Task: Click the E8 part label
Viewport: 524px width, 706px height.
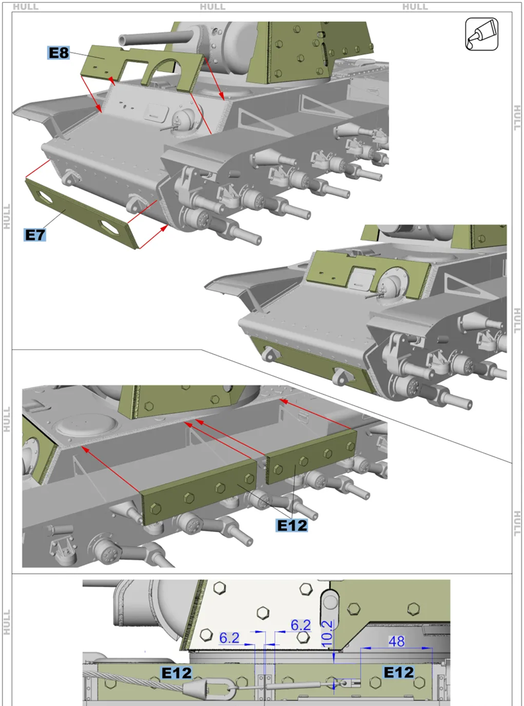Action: tap(58, 53)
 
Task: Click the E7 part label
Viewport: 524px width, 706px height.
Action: tap(35, 234)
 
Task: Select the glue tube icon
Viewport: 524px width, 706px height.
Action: tap(482, 34)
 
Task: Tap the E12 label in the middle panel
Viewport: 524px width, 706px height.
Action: tap(292, 525)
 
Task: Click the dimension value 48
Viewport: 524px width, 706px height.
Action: tap(396, 641)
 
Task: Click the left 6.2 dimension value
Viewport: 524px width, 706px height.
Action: tap(229, 637)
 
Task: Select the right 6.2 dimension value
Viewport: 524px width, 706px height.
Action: tap(301, 625)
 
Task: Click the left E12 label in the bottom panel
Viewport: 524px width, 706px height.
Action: tap(177, 673)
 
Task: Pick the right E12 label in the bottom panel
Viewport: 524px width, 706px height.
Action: tap(398, 672)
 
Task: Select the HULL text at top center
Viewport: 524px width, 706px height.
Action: tap(213, 6)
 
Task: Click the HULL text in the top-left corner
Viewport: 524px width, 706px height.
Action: tap(25, 6)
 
